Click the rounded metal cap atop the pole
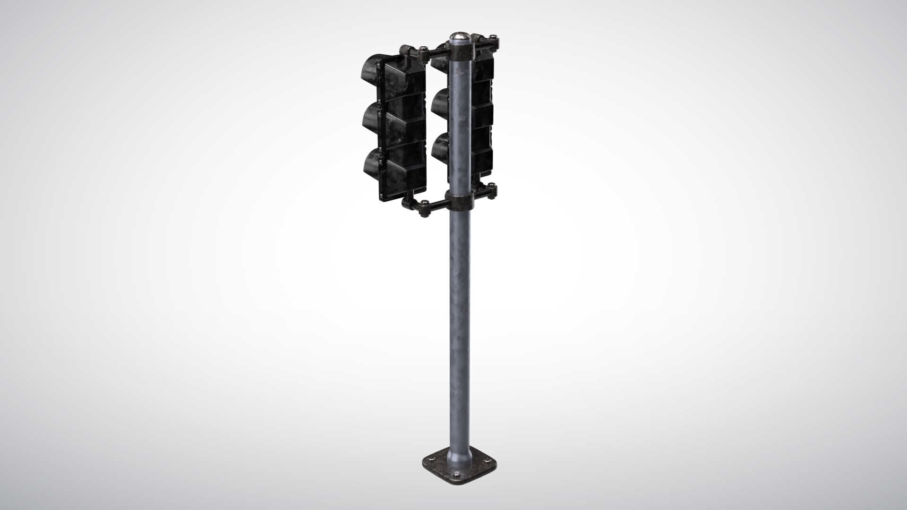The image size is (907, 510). pos(459,36)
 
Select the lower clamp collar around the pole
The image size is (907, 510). pos(459,201)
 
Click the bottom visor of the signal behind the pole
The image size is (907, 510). pos(440,145)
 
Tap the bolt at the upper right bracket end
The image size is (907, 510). pos(494,37)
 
